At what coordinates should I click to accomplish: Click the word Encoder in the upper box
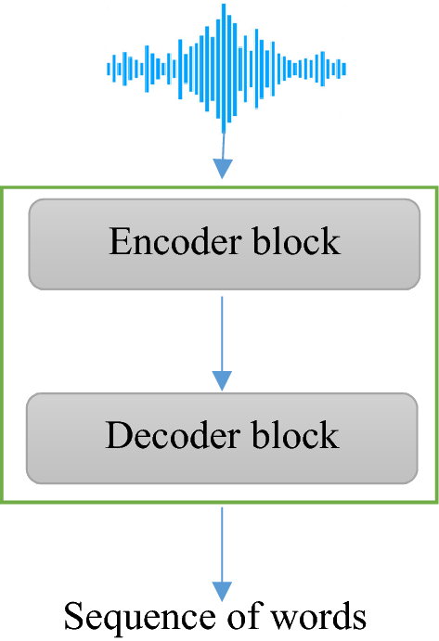pos(162,242)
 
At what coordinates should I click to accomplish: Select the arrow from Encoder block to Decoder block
pos(222,343)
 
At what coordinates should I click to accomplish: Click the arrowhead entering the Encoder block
pos(222,168)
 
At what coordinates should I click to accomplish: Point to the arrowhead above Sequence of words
pos(222,590)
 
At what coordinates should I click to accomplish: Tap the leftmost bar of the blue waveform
pos(109,68)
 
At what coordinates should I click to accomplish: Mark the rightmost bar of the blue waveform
pos(344,68)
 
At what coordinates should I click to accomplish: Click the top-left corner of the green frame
pos(3,188)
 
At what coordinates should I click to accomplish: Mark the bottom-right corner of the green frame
pos(435,502)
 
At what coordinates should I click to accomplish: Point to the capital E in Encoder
pos(119,242)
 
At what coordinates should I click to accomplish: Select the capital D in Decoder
pos(117,436)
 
